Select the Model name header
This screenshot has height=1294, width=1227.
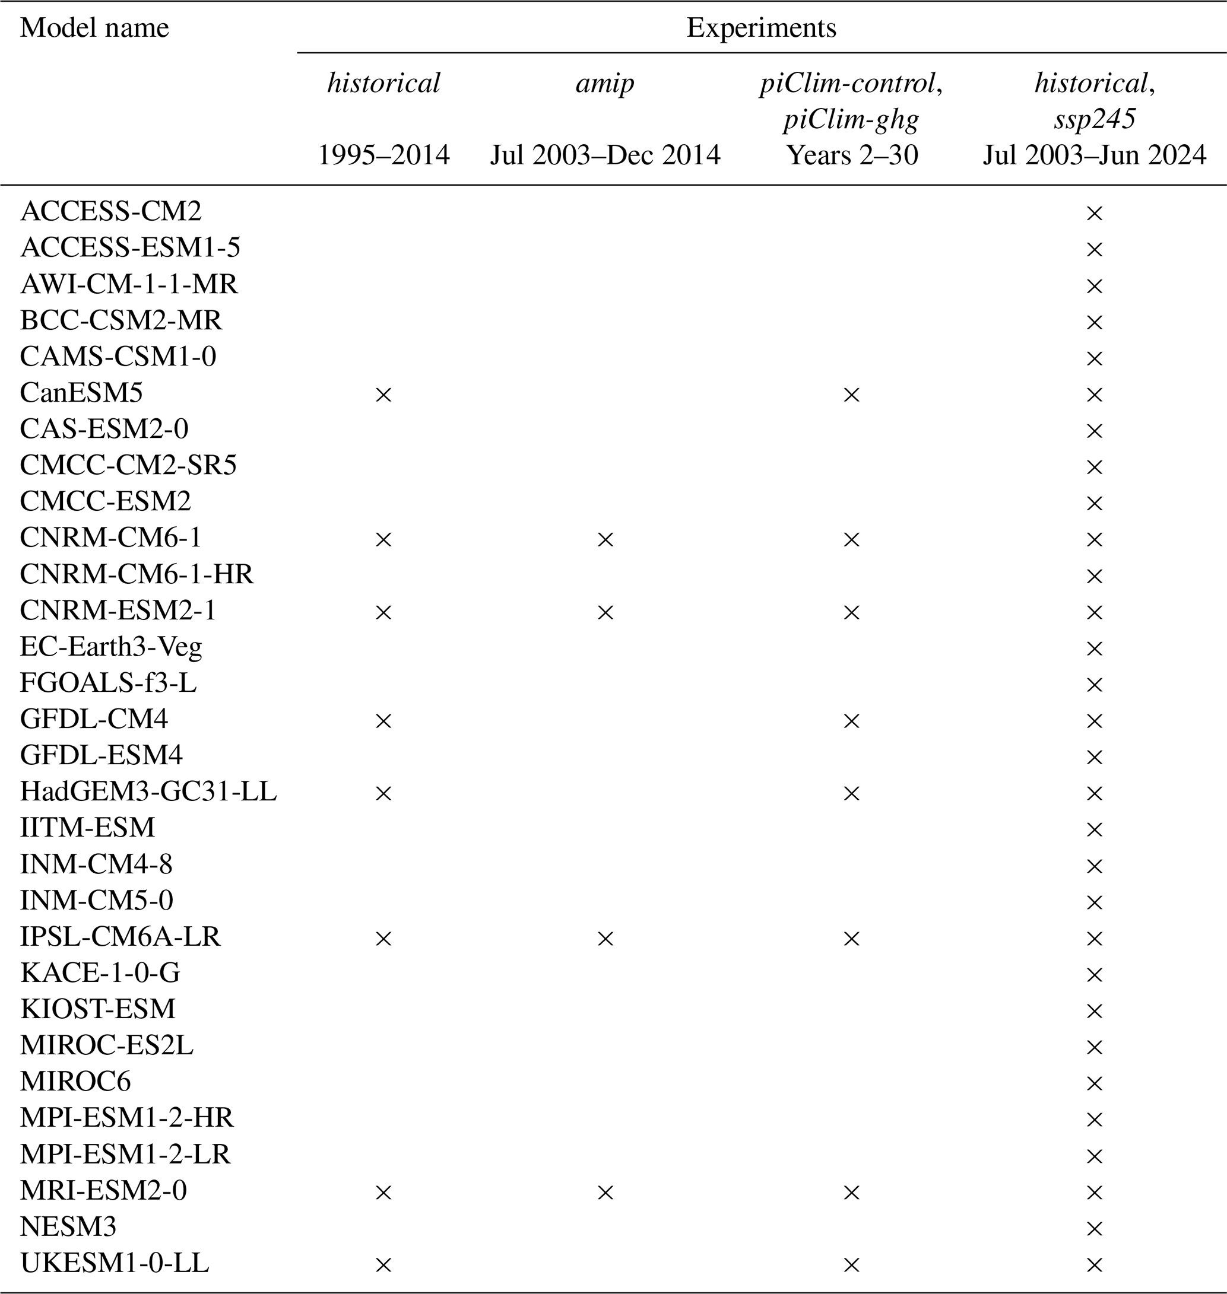click(95, 28)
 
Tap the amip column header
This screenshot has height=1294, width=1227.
click(605, 83)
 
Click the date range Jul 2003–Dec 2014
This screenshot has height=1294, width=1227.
click(605, 155)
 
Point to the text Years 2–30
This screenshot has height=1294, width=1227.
click(852, 155)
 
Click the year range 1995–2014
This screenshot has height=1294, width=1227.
click(384, 155)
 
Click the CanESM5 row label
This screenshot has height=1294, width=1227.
click(81, 393)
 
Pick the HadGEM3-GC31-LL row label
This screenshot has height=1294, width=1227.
click(148, 792)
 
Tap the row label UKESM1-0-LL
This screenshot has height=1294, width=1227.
click(115, 1263)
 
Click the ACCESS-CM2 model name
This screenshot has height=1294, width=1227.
click(111, 211)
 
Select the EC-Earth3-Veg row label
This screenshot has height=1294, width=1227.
click(111, 647)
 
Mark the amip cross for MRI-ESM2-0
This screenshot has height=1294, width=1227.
click(605, 1193)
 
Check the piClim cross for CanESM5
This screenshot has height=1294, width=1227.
click(852, 395)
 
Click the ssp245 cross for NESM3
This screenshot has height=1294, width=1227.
click(1094, 1229)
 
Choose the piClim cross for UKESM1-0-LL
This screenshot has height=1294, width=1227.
click(852, 1266)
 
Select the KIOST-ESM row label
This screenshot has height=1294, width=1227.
click(98, 1009)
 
